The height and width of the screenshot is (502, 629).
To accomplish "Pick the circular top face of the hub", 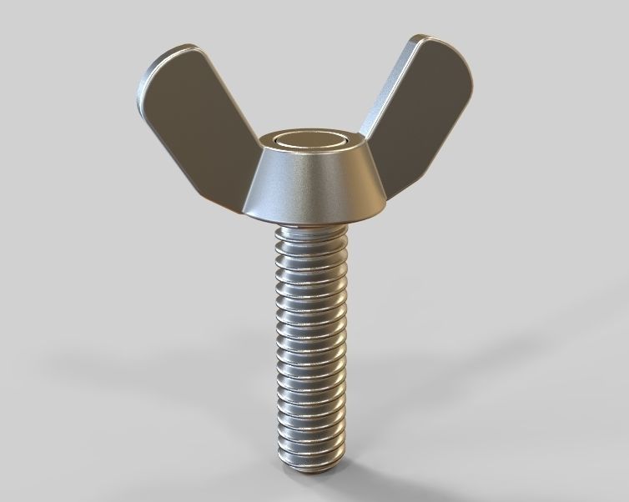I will [x=309, y=142].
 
